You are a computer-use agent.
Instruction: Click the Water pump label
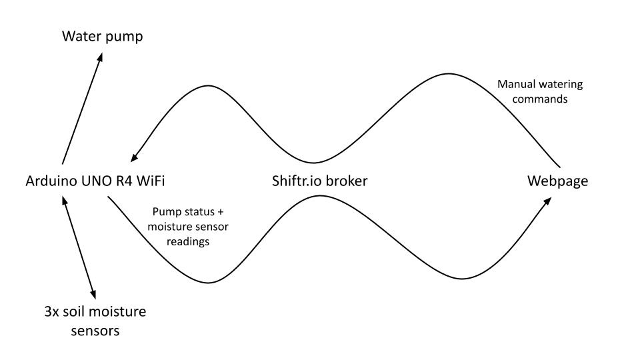102,36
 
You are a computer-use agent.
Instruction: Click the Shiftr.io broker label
319,181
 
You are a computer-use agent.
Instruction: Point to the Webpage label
558,181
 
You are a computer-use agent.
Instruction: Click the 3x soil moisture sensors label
95,320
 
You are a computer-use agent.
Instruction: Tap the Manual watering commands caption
540,92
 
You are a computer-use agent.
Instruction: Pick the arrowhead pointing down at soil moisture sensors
93,295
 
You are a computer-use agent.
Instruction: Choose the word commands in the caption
540,99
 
